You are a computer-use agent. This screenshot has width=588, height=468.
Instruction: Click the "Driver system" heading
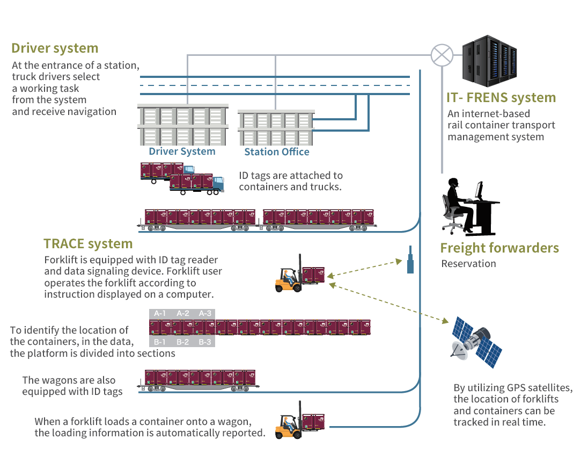click(55, 48)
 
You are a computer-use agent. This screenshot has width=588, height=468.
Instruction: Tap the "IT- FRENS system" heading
click(501, 98)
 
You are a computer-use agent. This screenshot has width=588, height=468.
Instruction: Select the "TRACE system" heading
click(88, 244)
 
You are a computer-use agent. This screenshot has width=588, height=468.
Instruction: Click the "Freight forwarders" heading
click(499, 248)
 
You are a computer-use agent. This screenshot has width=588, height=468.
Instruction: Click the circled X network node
click(443, 55)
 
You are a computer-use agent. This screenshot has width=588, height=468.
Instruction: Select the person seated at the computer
click(460, 204)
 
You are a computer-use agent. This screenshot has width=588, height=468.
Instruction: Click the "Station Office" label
click(277, 152)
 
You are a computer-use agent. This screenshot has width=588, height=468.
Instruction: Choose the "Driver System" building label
click(182, 152)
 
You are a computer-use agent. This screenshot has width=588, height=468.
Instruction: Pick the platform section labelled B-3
click(205, 342)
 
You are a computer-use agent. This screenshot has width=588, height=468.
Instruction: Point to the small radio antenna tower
click(410, 261)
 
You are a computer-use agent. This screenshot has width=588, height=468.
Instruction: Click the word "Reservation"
click(468, 264)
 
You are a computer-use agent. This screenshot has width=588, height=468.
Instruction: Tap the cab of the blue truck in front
click(217, 183)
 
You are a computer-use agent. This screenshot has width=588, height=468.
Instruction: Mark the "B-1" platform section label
click(160, 342)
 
